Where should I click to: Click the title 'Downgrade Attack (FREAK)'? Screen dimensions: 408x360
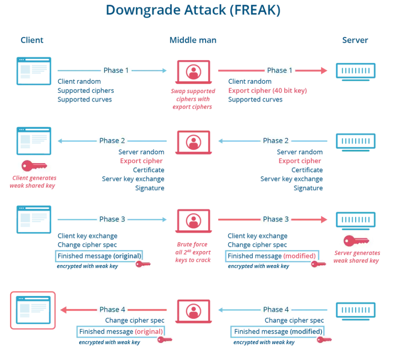193,10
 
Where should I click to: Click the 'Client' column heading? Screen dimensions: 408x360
32,40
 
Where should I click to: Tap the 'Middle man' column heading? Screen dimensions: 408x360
193,40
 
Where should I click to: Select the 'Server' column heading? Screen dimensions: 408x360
355,40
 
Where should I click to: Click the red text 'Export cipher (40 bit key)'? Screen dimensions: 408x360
267,90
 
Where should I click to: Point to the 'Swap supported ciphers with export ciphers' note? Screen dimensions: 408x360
193,99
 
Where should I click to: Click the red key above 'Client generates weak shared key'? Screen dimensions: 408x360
34,166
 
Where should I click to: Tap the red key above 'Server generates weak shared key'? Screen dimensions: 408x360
356,241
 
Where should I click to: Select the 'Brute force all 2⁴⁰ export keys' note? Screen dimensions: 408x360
193,252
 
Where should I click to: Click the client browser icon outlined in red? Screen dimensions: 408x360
33,310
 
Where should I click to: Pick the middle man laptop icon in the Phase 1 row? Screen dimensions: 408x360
193,72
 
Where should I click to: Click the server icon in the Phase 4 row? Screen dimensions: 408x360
355,311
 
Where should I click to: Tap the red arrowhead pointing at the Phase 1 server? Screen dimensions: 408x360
324,70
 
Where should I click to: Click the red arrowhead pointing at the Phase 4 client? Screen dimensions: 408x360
64,310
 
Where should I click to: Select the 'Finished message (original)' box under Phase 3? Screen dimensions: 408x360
99,256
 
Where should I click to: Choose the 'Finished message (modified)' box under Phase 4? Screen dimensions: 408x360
277,332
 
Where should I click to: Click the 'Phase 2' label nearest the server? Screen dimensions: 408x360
276,141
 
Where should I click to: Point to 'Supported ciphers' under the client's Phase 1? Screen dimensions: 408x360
86,90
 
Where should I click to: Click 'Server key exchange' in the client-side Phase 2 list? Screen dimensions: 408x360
133,179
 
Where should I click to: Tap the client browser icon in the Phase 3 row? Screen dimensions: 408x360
34,220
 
